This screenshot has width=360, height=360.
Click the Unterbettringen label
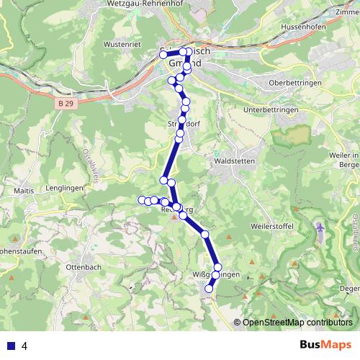271,109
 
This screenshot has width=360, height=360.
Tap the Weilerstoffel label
270,226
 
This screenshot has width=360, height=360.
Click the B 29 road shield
66,104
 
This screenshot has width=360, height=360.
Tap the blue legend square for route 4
10,345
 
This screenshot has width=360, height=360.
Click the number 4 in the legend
25,345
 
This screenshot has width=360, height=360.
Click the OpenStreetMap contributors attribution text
297,323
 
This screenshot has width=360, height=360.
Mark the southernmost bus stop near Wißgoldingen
210,289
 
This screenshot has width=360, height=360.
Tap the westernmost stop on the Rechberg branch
142,199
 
